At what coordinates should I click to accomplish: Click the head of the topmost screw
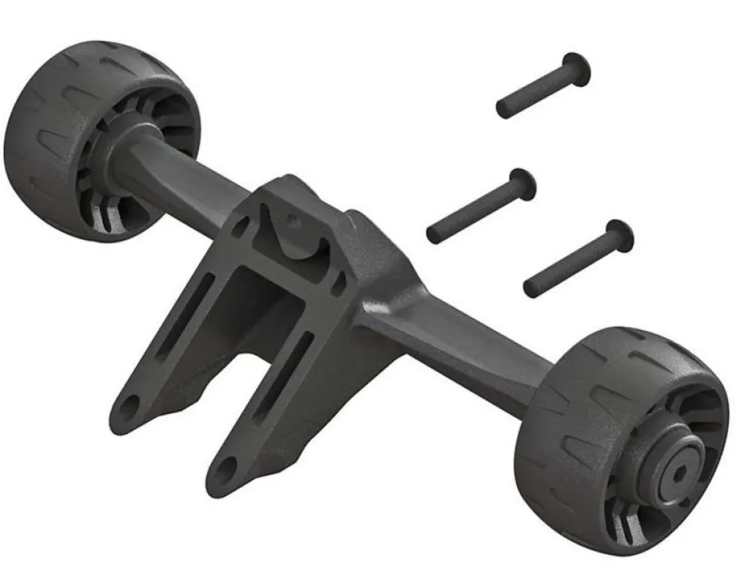click(577, 68)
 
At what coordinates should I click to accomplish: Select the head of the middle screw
click(522, 183)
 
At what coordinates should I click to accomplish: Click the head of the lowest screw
click(619, 235)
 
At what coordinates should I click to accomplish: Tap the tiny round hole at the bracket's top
click(291, 221)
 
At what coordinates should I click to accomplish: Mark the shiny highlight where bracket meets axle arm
click(384, 307)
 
